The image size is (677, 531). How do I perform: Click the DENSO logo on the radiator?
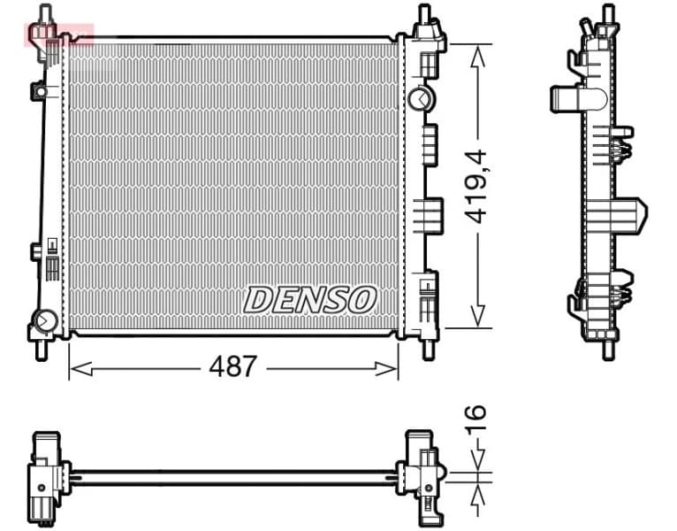[x=310, y=299]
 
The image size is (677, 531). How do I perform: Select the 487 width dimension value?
[x=232, y=366]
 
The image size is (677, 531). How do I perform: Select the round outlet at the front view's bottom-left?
[x=42, y=319]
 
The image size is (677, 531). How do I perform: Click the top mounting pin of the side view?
[x=607, y=15]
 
